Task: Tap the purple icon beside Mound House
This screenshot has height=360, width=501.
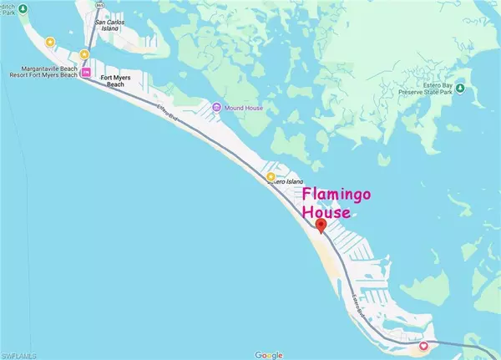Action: [x=215, y=108]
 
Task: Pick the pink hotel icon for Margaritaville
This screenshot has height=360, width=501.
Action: [x=85, y=73]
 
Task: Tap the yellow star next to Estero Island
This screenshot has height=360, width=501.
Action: [x=271, y=177]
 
